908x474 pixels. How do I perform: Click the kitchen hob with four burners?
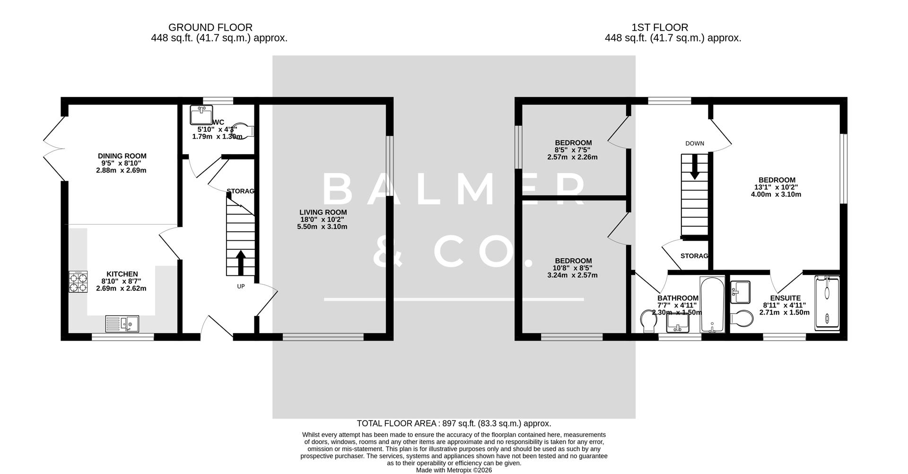point(78,281)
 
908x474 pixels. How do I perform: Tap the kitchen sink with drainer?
point(122,324)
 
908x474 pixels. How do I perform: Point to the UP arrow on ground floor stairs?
point(240,263)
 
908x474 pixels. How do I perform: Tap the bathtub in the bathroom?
point(712,305)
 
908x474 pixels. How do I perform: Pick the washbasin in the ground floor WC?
point(201,114)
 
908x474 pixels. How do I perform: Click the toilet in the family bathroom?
point(648,321)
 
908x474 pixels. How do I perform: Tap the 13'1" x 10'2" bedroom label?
point(777,187)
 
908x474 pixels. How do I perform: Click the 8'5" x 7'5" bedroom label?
point(573,149)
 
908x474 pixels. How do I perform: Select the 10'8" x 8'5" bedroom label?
point(573,268)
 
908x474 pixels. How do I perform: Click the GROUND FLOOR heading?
point(210,27)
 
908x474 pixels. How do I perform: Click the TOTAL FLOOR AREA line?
point(454,423)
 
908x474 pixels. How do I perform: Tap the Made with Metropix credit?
point(454,470)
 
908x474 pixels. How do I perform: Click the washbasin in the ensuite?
point(741,291)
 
